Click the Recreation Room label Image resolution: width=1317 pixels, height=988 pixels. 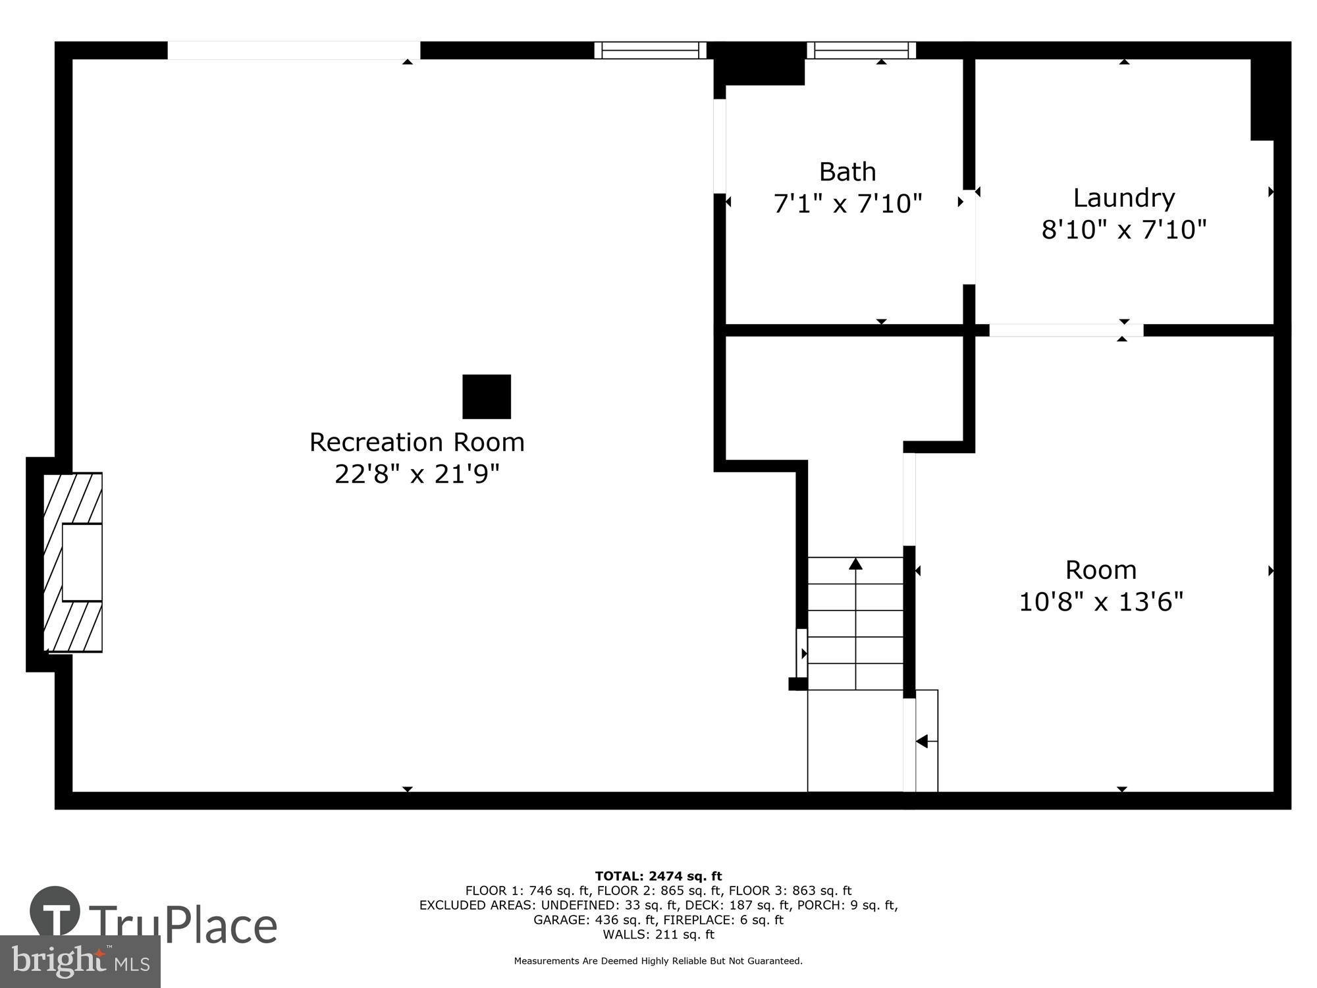coord(417,442)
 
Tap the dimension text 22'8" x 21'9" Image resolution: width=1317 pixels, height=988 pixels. coord(417,474)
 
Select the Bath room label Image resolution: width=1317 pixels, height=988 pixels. coord(847,172)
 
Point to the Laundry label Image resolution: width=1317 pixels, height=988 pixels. coord(1123,198)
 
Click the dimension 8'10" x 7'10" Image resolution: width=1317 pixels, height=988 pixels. coord(1123,230)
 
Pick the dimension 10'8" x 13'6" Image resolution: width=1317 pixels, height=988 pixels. coord(1101,601)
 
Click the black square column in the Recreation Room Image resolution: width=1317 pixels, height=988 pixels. coord(487,397)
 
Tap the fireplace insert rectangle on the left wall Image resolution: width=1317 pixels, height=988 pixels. coord(82,563)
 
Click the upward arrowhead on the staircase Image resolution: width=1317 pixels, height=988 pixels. coord(855,564)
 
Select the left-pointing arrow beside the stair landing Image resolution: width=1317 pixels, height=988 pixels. coord(923,742)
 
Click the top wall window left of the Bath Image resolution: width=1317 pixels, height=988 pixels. coord(650,50)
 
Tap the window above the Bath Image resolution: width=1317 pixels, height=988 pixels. coord(861,50)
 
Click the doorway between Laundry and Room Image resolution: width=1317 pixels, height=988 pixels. coord(1065,330)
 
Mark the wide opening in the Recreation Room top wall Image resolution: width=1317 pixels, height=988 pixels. coord(294,50)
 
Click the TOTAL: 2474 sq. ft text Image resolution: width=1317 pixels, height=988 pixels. coord(658,876)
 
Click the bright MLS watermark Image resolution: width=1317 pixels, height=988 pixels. coord(80,962)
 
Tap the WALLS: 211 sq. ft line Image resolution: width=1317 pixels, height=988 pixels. coord(658,934)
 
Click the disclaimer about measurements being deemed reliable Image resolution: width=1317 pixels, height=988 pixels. coord(658,961)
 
